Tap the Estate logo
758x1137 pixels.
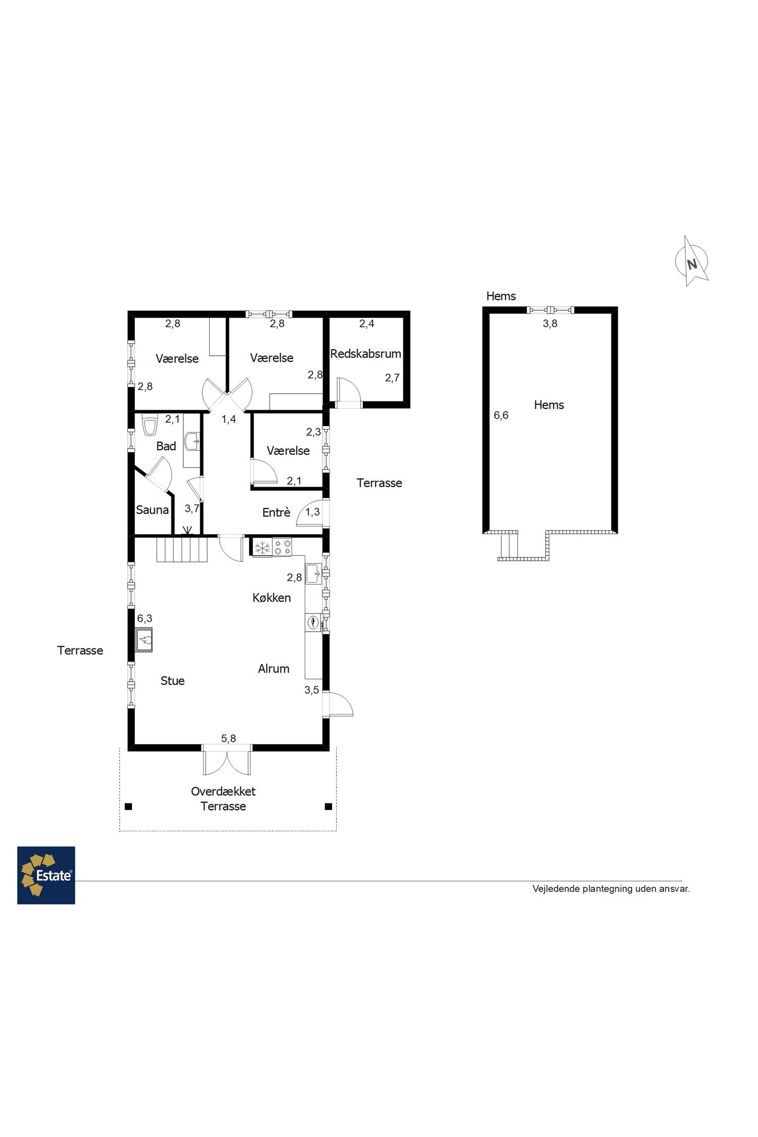[x=46, y=875]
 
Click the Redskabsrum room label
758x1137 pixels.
[x=365, y=354]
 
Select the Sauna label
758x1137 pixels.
[x=152, y=510]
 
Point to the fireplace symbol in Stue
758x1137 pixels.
[x=144, y=640]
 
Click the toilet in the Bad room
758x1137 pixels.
[x=150, y=425]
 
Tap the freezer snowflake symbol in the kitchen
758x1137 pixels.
[x=262, y=548]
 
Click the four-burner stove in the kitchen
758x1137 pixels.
[x=282, y=548]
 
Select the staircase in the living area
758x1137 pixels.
[x=182, y=550]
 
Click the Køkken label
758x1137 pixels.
[x=271, y=598]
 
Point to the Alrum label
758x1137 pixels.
[x=273, y=669]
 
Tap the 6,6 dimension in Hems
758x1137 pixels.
[x=501, y=415]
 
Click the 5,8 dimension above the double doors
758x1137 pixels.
[x=228, y=739]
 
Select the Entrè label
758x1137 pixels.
[x=276, y=512]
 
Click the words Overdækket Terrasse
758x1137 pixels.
[x=223, y=798]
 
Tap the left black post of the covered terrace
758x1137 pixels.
[x=128, y=807]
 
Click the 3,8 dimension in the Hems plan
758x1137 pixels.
[x=550, y=324]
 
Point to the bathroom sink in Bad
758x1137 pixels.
[x=192, y=441]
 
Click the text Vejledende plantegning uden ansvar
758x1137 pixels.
[x=611, y=888]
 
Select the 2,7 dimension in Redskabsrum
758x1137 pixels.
[x=392, y=377]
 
